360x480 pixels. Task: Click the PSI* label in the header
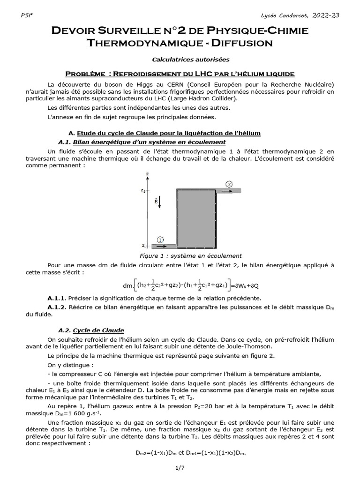[26, 15]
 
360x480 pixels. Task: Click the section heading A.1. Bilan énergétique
[142, 142]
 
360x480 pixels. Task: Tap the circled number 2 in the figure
[229, 183]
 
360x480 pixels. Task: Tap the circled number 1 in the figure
[160, 240]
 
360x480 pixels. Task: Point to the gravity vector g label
[156, 201]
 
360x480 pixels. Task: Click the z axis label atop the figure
[147, 174]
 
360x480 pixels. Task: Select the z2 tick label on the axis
[142, 190]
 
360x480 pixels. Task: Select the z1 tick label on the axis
[142, 245]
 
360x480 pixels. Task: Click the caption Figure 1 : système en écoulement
[191, 256]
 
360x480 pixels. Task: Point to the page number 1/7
[180, 467]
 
